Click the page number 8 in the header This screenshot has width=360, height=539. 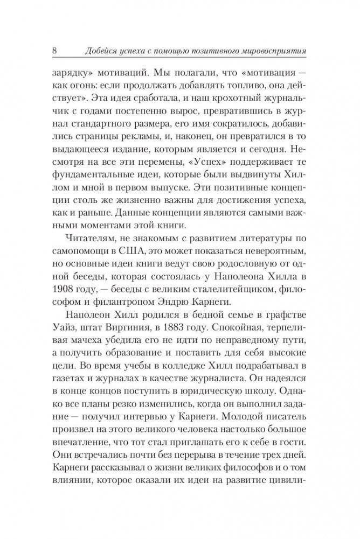pyautogui.click(x=55, y=51)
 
